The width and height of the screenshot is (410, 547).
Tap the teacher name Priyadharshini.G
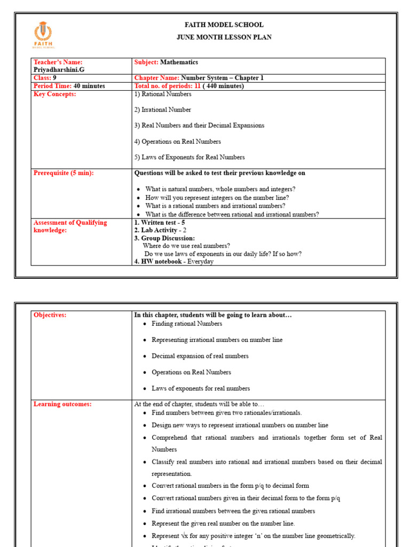tap(58, 69)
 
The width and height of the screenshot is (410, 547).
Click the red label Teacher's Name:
tap(58, 62)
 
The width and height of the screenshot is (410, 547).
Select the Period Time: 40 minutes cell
tap(69, 85)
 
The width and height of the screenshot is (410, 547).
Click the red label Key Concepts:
tap(54, 94)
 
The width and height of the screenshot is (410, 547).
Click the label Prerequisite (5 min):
tap(64, 173)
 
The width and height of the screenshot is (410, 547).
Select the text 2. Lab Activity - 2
tap(160, 230)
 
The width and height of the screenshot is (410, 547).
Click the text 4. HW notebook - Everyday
tap(174, 262)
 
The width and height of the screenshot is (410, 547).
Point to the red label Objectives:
tap(50, 315)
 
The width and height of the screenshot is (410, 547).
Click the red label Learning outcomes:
tap(62, 404)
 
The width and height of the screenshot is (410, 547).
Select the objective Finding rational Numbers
tap(187, 324)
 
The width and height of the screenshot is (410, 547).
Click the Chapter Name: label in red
tap(157, 78)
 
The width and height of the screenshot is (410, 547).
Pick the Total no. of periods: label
tap(163, 85)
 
